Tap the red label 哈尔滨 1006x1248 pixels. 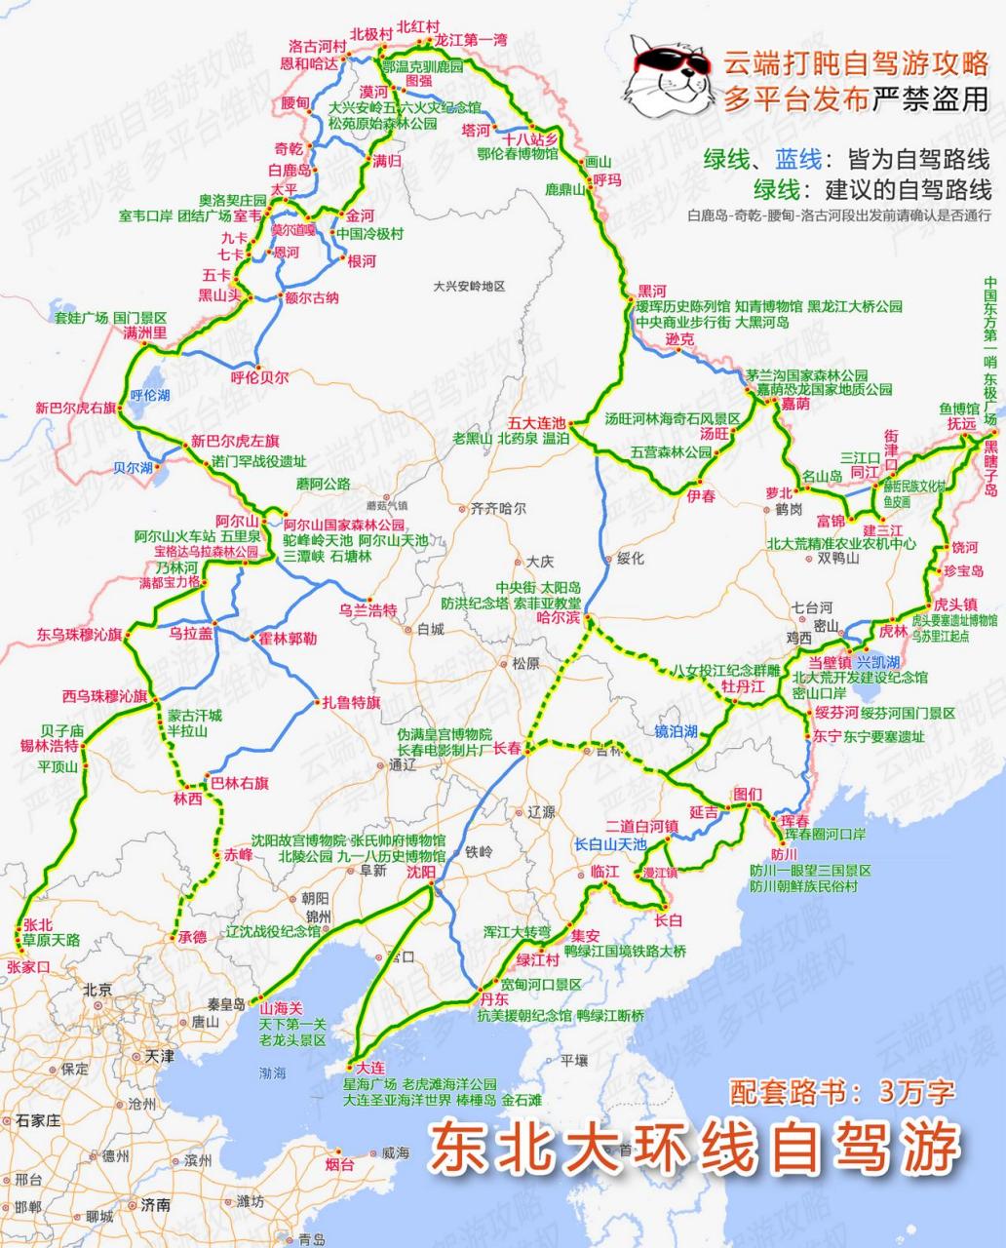[560, 618]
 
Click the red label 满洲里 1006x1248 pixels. [145, 333]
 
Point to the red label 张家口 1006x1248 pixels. [27, 967]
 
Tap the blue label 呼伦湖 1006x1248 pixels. [150, 395]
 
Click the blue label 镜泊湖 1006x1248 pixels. [676, 731]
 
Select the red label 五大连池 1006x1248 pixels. [536, 423]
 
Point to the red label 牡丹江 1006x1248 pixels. [743, 687]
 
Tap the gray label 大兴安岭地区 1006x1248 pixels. [470, 286]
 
